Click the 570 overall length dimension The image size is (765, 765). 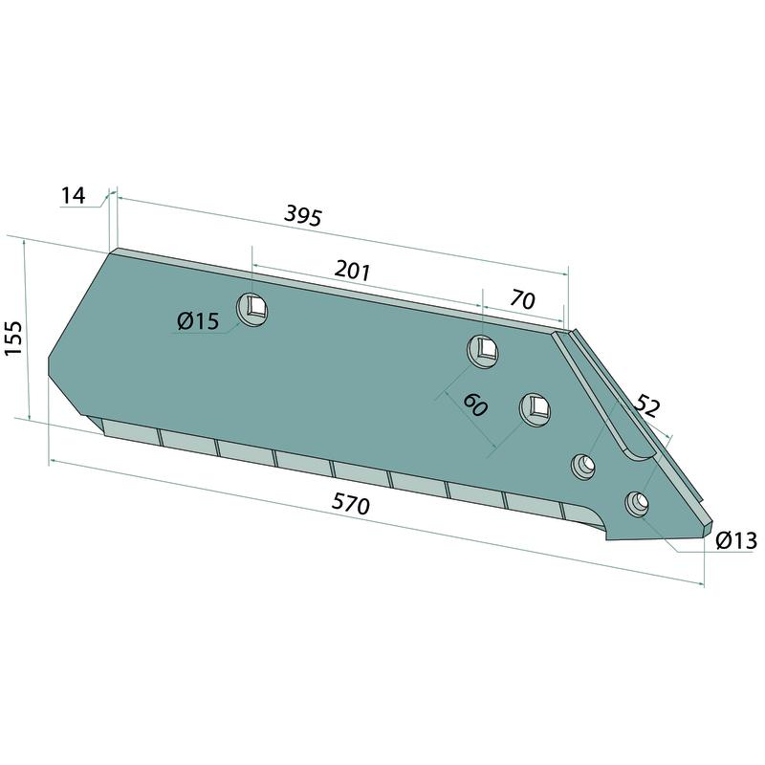coord(350,504)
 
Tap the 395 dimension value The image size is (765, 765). coord(303,216)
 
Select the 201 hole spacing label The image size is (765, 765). coord(353,271)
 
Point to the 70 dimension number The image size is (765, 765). coord(522,300)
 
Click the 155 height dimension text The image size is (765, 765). coord(13,339)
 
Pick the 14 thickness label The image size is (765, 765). coord(74,196)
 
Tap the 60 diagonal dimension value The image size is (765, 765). coord(474,404)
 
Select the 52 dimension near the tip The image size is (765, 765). coord(647,407)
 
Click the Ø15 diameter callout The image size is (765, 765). coord(199,321)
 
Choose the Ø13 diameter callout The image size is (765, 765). coord(736,540)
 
